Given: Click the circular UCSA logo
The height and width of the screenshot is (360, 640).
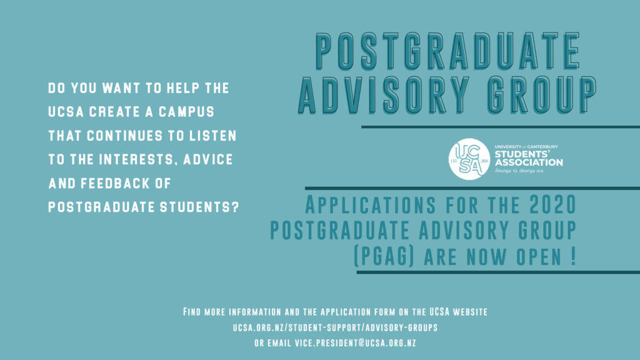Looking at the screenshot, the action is point(469,159).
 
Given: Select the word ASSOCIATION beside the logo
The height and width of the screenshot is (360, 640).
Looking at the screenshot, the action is point(529,162).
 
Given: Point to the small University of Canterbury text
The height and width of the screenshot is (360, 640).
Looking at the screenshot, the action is point(526,146).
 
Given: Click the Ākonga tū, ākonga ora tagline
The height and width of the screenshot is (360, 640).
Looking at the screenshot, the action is point(519,171).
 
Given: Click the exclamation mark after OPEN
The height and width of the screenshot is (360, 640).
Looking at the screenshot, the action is point(573,256).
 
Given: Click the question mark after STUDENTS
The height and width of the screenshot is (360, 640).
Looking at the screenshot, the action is point(235,207).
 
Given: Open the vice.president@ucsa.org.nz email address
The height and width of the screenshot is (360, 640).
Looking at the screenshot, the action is point(355,343).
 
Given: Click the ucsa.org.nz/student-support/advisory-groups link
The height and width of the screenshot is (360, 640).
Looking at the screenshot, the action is point(335,327).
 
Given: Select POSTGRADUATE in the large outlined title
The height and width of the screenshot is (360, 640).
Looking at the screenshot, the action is point(447,51).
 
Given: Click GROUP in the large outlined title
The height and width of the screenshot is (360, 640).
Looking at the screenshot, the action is point(542,95).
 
